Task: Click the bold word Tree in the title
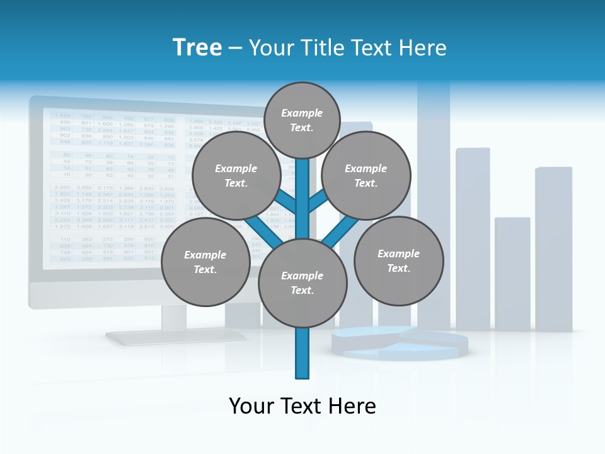(197, 48)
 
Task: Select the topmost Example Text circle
(302, 120)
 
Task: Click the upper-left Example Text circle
(236, 175)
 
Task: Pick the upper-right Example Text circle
(366, 175)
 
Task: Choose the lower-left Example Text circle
(205, 262)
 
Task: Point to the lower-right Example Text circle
(398, 260)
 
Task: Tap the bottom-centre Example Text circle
(302, 282)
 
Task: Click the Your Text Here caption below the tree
(302, 406)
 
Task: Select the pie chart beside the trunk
(403, 342)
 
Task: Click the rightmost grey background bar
(553, 249)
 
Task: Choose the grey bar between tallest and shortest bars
(473, 240)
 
